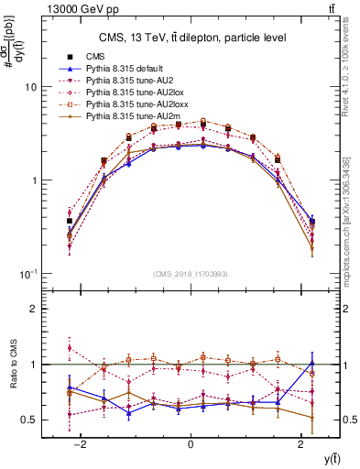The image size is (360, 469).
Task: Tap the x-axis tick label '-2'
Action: [x=80, y=444]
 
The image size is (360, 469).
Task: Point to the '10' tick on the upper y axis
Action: [x=29, y=87]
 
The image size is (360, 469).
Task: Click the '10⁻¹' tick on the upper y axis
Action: [x=27, y=274]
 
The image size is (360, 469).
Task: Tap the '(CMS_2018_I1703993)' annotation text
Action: [x=190, y=272]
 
